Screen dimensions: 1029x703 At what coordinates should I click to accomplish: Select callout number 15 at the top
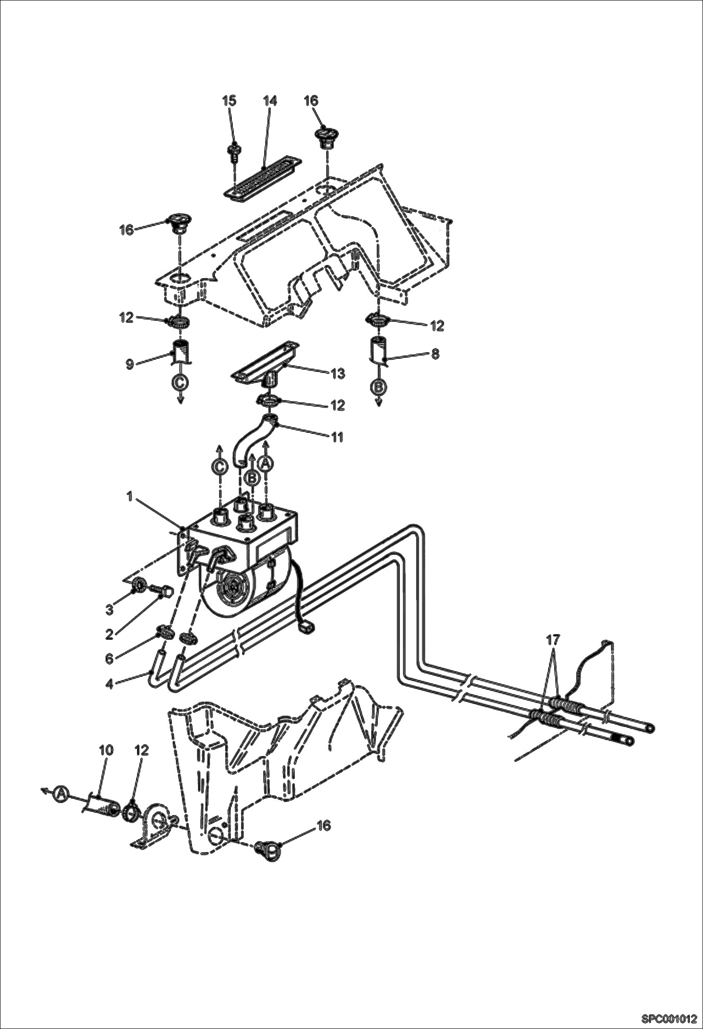pos(229,101)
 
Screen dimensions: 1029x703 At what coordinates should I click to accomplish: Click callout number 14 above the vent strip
pos(270,101)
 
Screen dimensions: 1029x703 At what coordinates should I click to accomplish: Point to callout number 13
pos(338,374)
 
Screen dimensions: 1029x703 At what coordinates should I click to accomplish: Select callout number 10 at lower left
pos(106,750)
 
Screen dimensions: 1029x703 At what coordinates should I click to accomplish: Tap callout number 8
pos(435,354)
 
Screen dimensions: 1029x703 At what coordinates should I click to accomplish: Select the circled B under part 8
pos(379,387)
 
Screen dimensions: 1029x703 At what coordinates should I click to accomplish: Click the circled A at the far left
pos(60,794)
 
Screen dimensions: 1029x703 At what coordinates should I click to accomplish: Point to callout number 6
pos(109,659)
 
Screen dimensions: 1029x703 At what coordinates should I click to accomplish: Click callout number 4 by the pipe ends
pos(109,684)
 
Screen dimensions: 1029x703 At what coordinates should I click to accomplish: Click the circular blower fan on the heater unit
pos(233,587)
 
